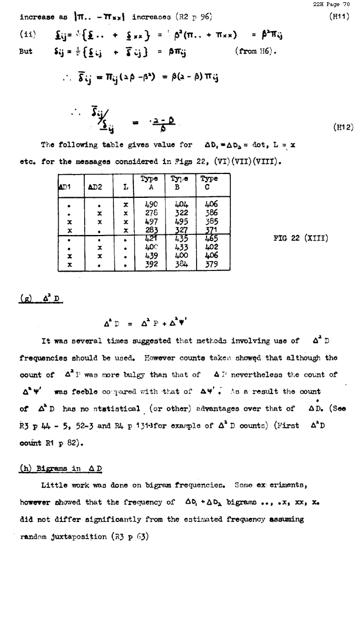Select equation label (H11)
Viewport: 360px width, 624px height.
(x=338, y=17)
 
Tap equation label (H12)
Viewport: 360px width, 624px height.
(x=343, y=127)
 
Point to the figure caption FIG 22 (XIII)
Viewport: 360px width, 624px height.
(x=301, y=239)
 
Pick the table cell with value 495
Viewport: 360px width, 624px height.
(x=181, y=222)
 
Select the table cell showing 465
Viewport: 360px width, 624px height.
(x=210, y=239)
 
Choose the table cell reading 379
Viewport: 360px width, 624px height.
(x=210, y=264)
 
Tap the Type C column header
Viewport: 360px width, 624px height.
(x=209, y=183)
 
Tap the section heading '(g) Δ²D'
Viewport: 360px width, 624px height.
(x=40, y=300)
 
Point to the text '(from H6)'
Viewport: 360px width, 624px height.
(x=255, y=52)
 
